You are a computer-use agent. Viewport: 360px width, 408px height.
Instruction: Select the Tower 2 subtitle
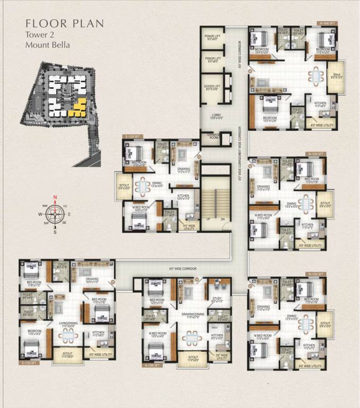(39, 35)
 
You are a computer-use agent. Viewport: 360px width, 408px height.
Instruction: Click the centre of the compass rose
(54, 214)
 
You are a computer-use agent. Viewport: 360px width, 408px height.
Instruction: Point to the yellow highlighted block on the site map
(80, 108)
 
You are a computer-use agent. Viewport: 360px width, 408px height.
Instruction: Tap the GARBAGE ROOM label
(214, 136)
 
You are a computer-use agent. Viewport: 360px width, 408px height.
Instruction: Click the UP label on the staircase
(208, 219)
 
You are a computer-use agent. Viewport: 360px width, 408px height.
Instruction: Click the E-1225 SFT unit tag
(132, 137)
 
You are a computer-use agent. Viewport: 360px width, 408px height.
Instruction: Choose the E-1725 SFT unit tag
(30, 363)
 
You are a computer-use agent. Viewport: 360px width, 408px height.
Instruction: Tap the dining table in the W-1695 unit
(317, 75)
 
